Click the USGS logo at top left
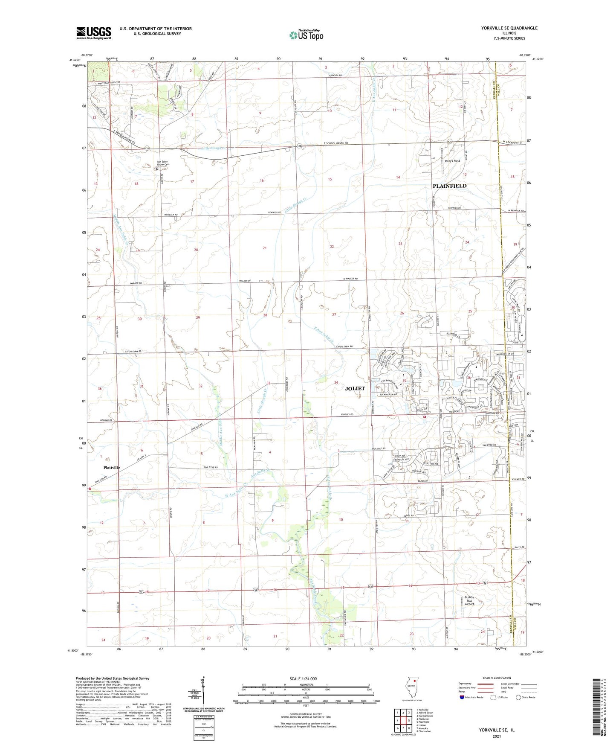(x=94, y=32)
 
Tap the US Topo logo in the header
(x=306, y=35)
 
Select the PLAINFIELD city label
(x=449, y=186)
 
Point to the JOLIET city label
(x=355, y=388)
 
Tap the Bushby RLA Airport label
(x=469, y=601)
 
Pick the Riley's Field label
(x=452, y=161)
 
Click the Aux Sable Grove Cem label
(x=163, y=163)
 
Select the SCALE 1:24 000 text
(x=303, y=678)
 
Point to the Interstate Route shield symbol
(x=463, y=697)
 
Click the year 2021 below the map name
(x=496, y=736)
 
